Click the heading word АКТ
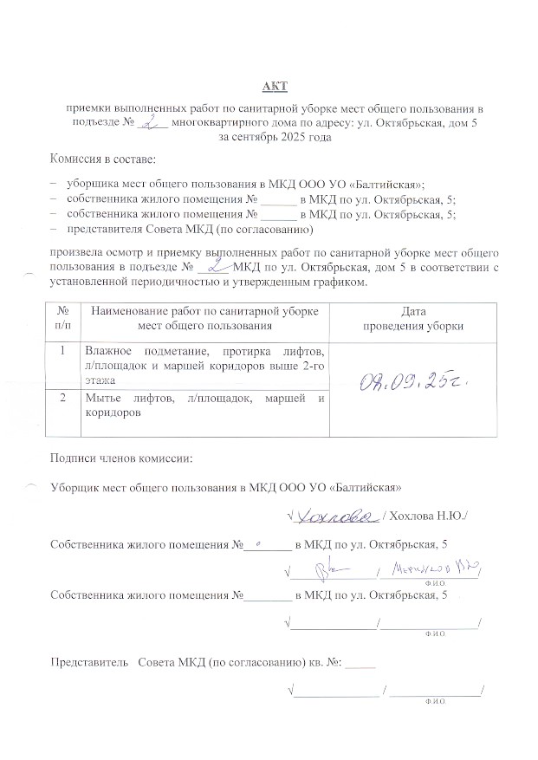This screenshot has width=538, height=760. [x=275, y=88]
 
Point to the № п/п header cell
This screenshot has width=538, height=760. [x=63, y=318]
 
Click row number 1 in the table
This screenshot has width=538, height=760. [x=63, y=351]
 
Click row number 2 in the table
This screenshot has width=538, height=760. [x=63, y=399]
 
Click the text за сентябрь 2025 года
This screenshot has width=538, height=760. [x=275, y=138]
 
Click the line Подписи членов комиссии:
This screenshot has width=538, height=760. [x=122, y=458]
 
